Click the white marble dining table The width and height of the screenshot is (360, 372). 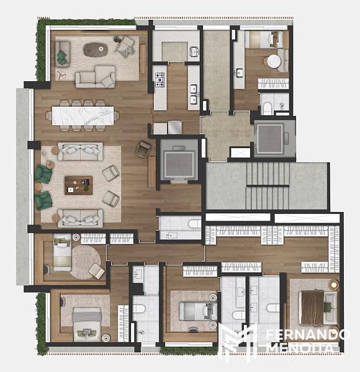[83, 116]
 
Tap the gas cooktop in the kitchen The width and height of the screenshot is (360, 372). [160, 80]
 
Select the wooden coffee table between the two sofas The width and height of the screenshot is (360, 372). [78, 185]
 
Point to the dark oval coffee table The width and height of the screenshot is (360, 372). [96, 50]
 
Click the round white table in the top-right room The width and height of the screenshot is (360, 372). [274, 61]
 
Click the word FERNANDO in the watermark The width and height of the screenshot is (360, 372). [307, 335]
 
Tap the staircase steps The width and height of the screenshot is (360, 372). [268, 185]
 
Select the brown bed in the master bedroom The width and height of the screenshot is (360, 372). [312, 308]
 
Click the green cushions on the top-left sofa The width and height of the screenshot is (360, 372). [61, 57]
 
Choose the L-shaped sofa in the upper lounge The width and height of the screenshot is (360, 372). [96, 77]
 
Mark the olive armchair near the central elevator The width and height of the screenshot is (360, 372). [143, 149]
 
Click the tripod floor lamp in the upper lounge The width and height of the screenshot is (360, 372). [61, 74]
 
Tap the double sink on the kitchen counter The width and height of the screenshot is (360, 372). [194, 94]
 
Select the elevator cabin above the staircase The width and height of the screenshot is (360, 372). [270, 139]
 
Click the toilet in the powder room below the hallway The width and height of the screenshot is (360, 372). [195, 224]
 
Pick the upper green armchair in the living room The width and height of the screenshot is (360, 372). [43, 174]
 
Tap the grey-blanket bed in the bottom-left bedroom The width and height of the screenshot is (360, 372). [87, 324]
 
